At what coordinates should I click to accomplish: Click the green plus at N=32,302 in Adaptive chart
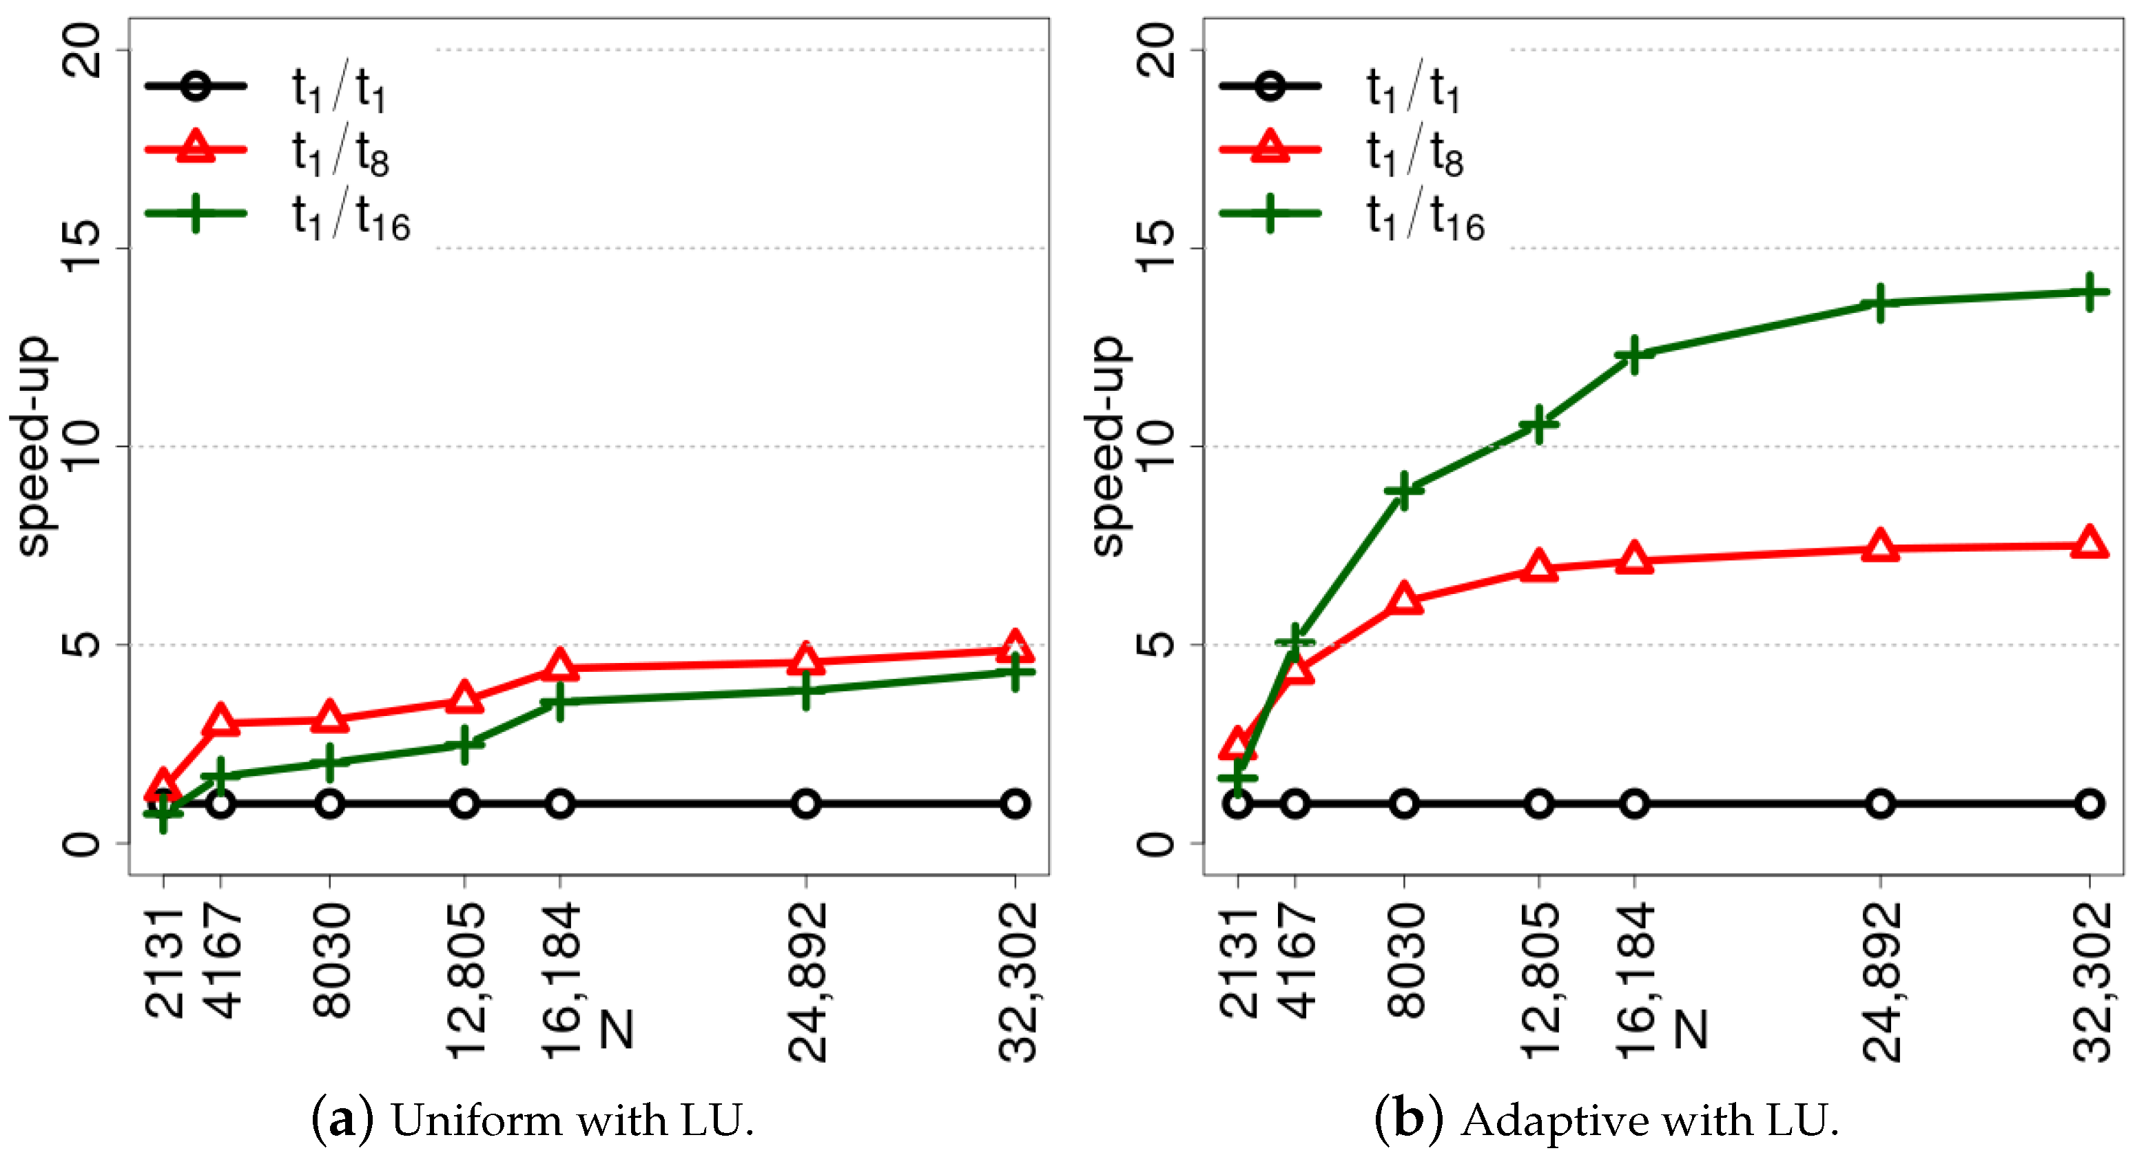2089,292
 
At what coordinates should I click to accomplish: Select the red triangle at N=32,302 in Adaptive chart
2089,543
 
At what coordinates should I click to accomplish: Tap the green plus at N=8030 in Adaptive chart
1405,490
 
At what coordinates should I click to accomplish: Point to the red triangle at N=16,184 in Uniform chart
560,666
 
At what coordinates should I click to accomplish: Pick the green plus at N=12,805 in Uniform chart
465,743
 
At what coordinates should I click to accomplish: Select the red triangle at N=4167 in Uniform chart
220,721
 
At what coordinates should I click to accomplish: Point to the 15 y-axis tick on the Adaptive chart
1158,247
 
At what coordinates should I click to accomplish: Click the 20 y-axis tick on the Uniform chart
83,49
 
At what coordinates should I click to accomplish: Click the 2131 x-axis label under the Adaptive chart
1239,962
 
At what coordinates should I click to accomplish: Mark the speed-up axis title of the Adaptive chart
1107,446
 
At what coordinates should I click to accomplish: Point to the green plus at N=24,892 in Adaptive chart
1880,303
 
